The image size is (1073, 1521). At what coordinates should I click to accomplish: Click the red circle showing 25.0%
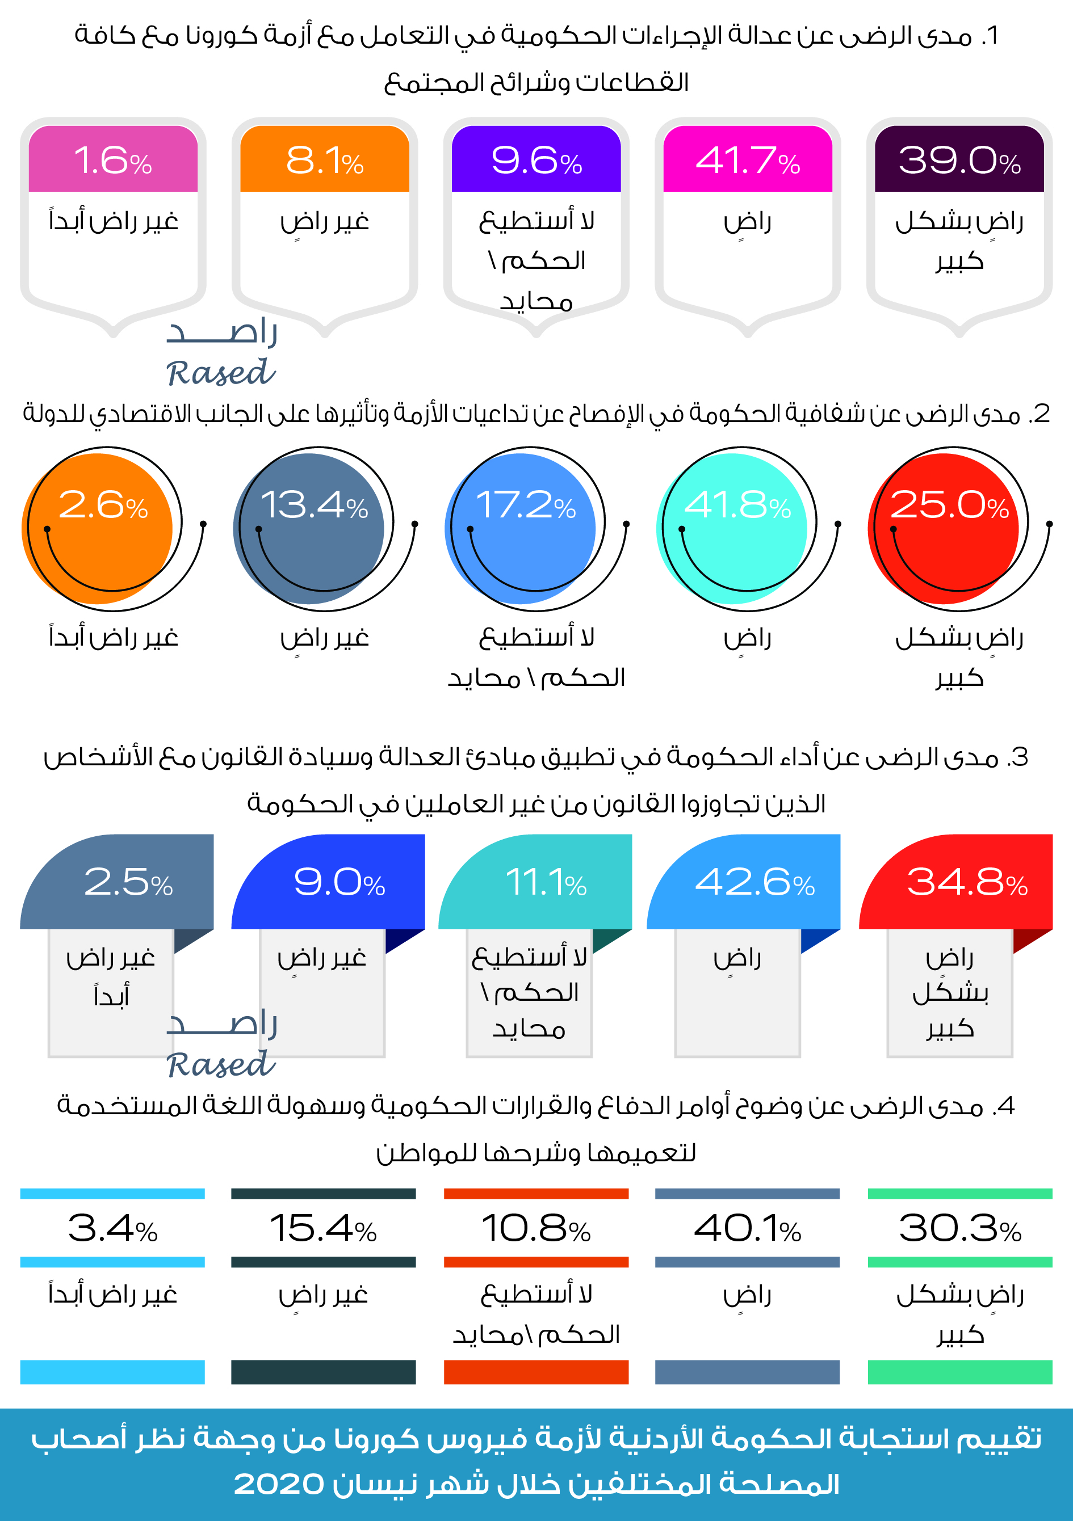(x=944, y=528)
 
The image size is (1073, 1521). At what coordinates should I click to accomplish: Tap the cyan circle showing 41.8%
(x=732, y=528)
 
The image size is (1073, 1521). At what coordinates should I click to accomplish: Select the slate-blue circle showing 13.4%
(x=309, y=528)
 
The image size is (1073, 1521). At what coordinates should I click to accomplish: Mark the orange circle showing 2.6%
(x=98, y=528)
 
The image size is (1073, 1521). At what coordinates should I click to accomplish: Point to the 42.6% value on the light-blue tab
(x=754, y=882)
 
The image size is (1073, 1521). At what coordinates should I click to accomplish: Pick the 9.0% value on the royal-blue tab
(x=339, y=882)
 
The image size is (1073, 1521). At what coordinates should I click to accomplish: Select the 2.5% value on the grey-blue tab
(x=128, y=882)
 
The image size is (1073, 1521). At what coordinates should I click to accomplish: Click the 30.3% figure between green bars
(x=959, y=1228)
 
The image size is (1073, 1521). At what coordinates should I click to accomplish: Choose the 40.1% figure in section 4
(x=747, y=1228)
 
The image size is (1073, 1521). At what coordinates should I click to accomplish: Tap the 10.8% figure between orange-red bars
(x=535, y=1228)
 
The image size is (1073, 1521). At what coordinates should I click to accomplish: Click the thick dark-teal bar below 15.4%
(x=324, y=1371)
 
